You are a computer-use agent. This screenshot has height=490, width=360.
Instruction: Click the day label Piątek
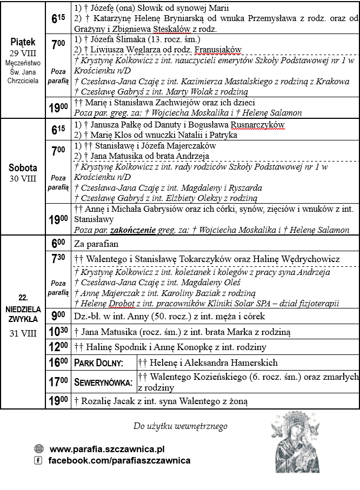tap(22, 42)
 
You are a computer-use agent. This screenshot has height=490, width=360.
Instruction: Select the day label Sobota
tap(22, 167)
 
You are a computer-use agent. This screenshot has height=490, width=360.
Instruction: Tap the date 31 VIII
tap(22, 333)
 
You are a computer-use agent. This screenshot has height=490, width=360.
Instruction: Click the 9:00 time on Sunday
tap(58, 315)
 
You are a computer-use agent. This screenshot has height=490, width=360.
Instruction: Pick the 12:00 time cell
tap(58, 347)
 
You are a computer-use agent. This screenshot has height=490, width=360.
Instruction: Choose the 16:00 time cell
tap(58, 363)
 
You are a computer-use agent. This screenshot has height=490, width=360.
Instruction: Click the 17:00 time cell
tap(58, 382)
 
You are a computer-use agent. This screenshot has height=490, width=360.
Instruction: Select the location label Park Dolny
tap(98, 363)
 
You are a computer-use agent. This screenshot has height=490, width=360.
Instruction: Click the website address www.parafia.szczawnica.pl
tap(107, 449)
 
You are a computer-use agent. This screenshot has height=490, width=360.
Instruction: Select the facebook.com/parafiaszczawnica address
tap(119, 460)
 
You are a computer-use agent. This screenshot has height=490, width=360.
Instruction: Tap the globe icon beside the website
tap(38, 449)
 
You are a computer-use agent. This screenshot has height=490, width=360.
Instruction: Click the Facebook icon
tap(38, 460)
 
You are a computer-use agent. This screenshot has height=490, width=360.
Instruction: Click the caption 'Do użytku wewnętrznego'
tap(180, 426)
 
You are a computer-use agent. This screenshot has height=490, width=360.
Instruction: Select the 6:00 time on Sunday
tap(58, 244)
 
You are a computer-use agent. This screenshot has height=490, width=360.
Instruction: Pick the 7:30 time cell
tap(58, 259)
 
